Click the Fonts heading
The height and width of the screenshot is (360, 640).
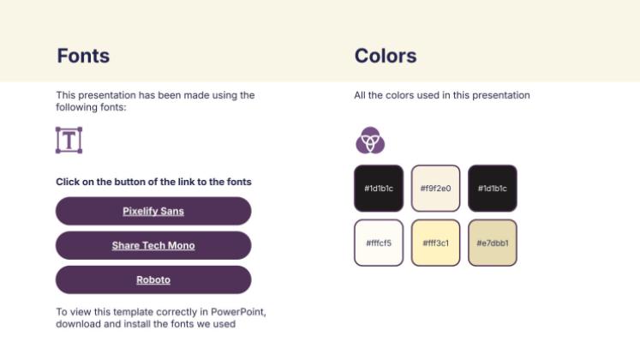pyautogui.click(x=83, y=57)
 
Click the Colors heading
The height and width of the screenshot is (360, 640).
pyautogui.click(x=385, y=57)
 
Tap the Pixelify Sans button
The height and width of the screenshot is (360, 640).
pyautogui.click(x=153, y=211)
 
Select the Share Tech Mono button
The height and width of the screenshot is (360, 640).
pyautogui.click(x=153, y=245)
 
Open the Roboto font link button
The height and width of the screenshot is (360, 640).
pyautogui.click(x=153, y=279)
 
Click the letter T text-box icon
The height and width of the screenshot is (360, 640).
pyautogui.click(x=69, y=141)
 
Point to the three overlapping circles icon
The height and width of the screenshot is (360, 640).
pyautogui.click(x=370, y=140)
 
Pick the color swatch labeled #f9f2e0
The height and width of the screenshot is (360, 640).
pyautogui.click(x=435, y=188)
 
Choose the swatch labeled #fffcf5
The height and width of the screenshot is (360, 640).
pyautogui.click(x=378, y=243)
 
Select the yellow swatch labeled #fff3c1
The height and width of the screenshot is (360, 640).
pyautogui.click(x=435, y=243)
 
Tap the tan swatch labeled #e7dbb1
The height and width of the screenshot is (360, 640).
pyautogui.click(x=493, y=243)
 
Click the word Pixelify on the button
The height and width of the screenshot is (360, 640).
pyautogui.click(x=141, y=211)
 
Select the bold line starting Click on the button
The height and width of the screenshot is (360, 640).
pyautogui.click(x=153, y=182)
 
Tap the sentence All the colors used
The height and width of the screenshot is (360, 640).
pyautogui.click(x=442, y=95)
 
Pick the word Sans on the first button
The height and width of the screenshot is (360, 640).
pyautogui.click(x=173, y=211)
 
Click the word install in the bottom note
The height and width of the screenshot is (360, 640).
pyautogui.click(x=134, y=324)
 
